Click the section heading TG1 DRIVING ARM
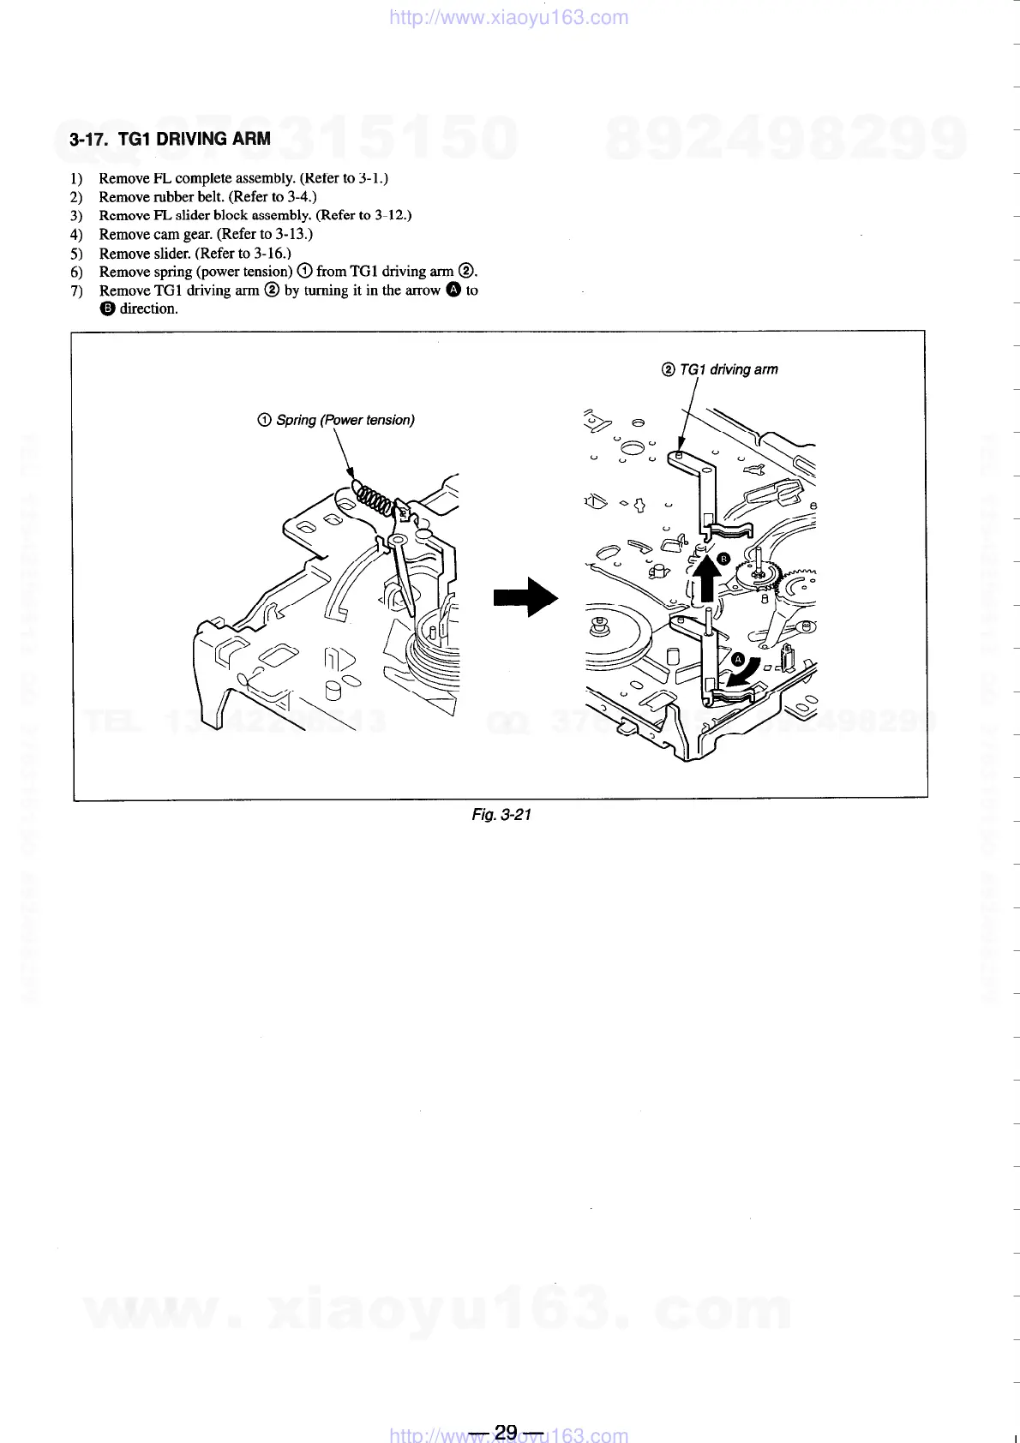(x=170, y=139)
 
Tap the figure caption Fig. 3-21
(x=501, y=814)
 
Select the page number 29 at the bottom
(x=506, y=1432)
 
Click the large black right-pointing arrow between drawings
(x=525, y=597)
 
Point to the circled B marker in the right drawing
(x=723, y=559)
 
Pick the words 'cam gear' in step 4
(x=183, y=234)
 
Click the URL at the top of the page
(x=509, y=17)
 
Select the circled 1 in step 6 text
(x=304, y=272)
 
